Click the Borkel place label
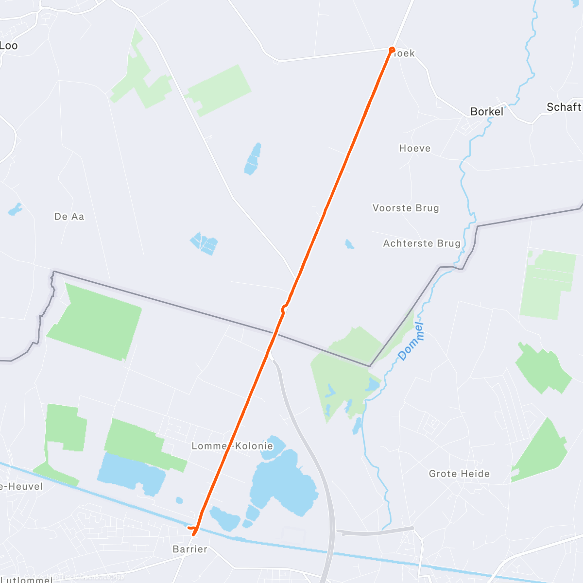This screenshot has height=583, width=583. (487, 112)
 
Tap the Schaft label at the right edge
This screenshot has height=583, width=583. (564, 107)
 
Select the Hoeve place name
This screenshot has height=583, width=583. (415, 148)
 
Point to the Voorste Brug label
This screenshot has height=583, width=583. (406, 208)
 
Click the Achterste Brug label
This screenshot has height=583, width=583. (422, 243)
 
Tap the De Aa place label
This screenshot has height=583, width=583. (69, 217)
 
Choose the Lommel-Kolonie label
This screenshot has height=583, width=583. (232, 446)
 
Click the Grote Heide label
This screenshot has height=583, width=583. (459, 474)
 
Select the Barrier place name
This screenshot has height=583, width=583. (190, 549)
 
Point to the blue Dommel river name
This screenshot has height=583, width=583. (411, 342)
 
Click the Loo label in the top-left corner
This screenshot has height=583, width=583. (9, 46)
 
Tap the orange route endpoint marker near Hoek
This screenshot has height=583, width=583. (392, 50)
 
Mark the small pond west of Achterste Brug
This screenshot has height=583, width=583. (349, 244)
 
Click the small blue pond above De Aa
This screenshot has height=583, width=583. (15, 209)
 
